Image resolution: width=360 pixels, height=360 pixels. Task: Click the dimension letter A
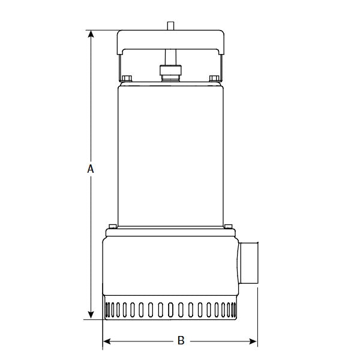coord(91,169)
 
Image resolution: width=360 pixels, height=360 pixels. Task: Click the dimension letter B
coord(181,341)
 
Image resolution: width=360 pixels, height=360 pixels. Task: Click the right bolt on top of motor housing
coord(214,78)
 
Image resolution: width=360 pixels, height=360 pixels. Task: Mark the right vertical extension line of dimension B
coord(257,318)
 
